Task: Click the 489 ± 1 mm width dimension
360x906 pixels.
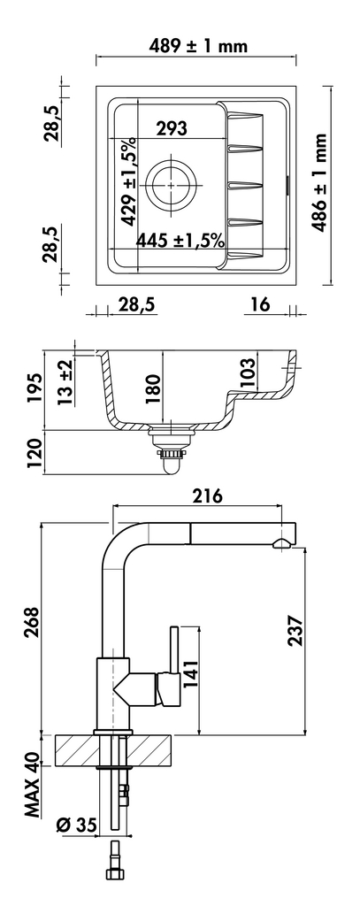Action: (x=198, y=45)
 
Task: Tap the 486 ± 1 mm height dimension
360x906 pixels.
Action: (x=319, y=182)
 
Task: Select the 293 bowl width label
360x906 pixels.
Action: (x=171, y=128)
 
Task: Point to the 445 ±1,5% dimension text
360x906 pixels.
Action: (x=180, y=241)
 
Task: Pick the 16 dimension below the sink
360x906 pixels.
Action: (x=261, y=304)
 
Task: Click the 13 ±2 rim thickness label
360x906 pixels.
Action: (x=65, y=381)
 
